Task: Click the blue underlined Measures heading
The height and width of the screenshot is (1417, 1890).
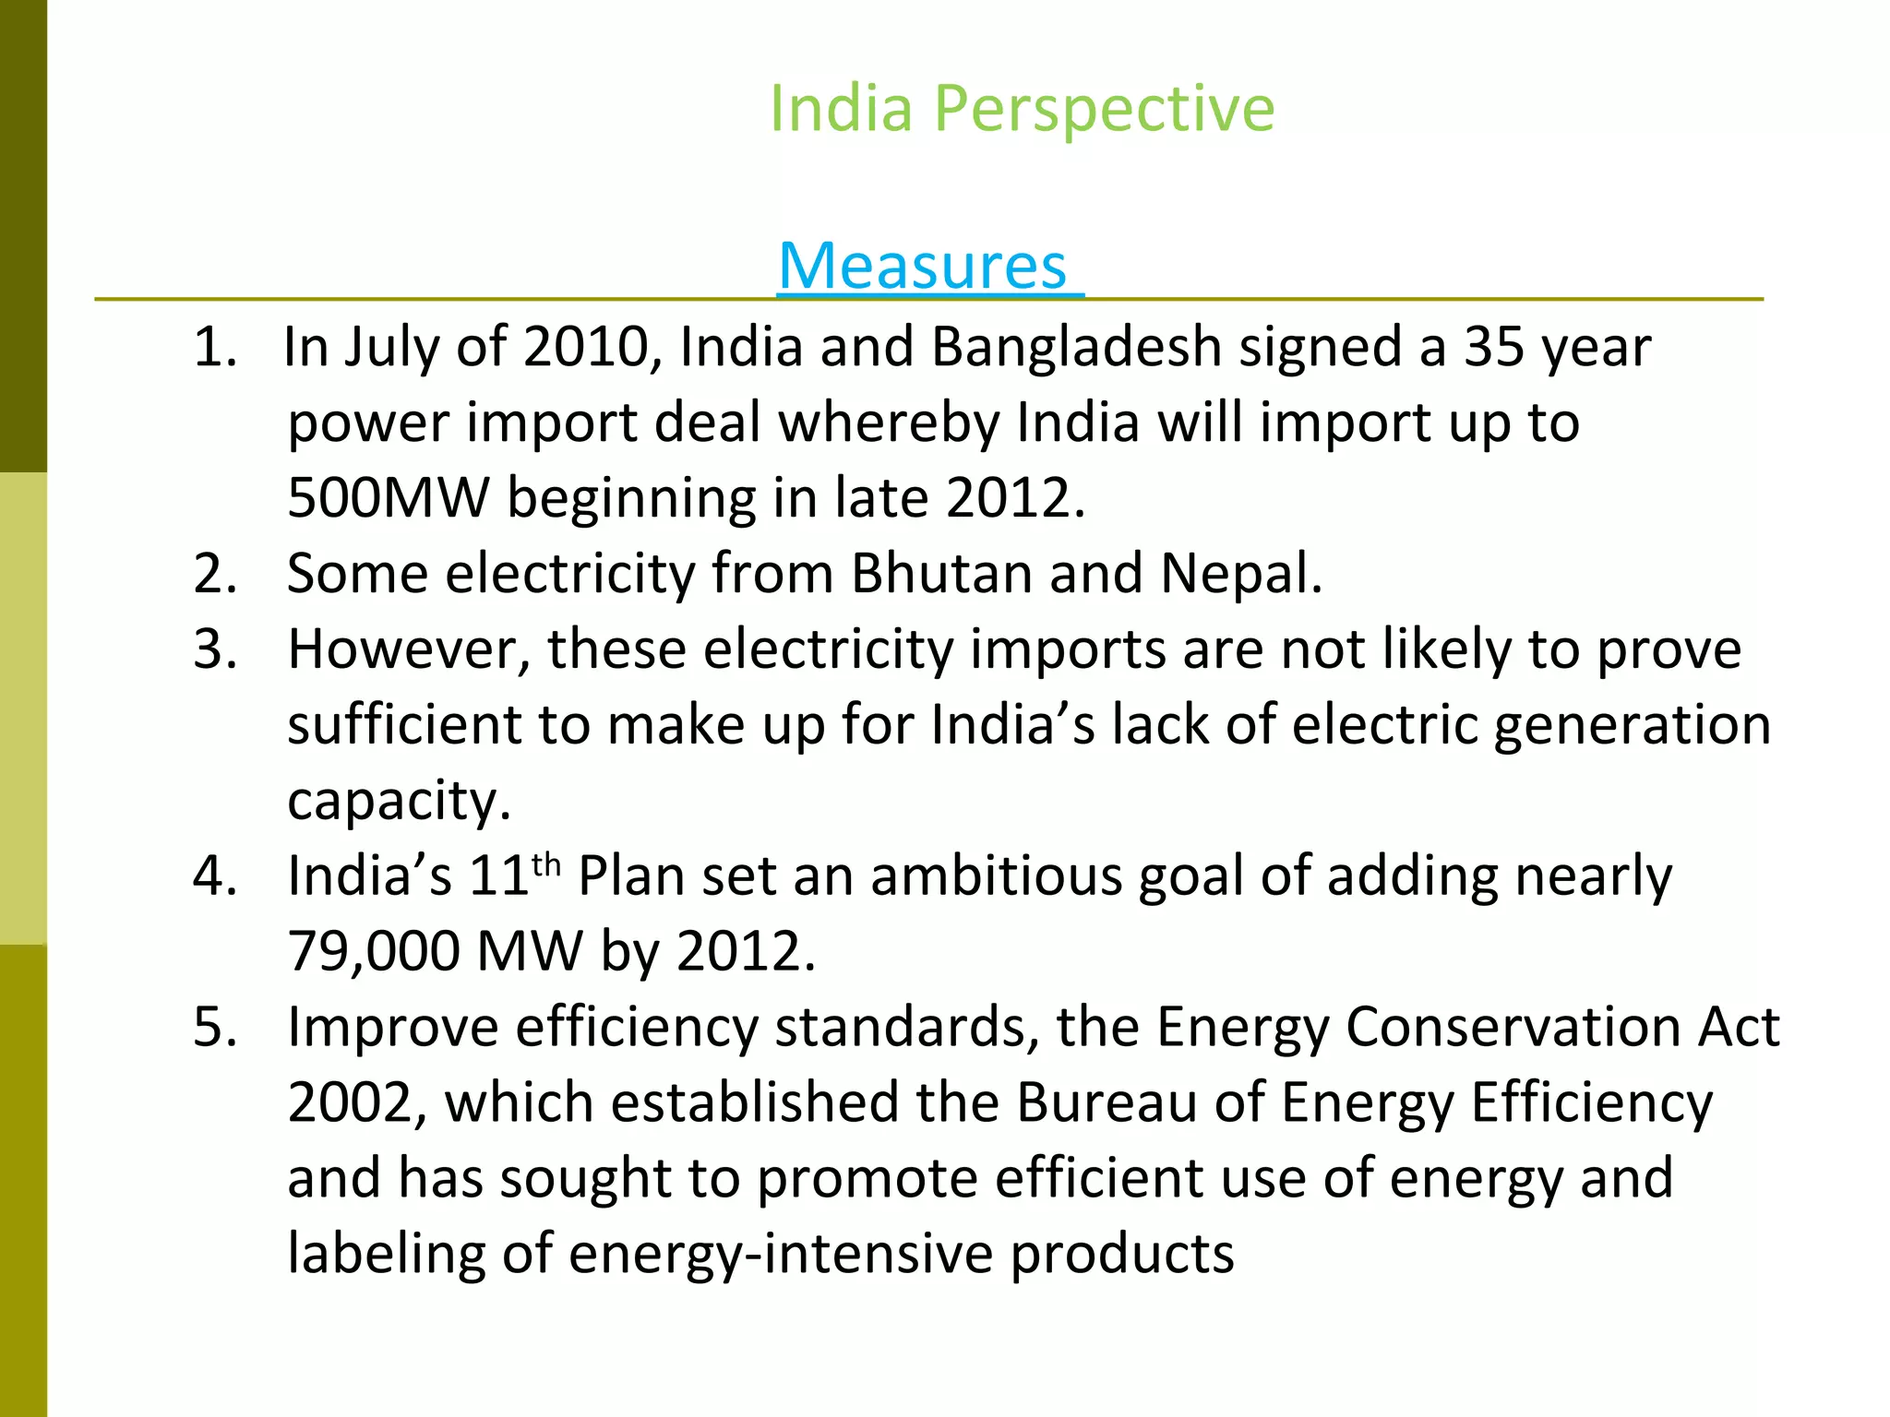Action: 923,267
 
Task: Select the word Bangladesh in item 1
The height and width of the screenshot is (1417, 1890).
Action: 1076,348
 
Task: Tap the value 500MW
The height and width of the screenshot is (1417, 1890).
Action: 388,499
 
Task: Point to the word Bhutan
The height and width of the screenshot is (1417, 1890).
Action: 941,574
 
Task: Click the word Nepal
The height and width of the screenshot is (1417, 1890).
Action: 1240,574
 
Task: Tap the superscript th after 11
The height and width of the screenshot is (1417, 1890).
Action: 546,865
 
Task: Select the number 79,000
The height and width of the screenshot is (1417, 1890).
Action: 374,951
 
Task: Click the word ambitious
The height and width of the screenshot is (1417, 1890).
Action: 996,876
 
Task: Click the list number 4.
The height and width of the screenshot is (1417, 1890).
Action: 213,876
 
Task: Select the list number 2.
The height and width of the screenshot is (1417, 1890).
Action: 213,574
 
